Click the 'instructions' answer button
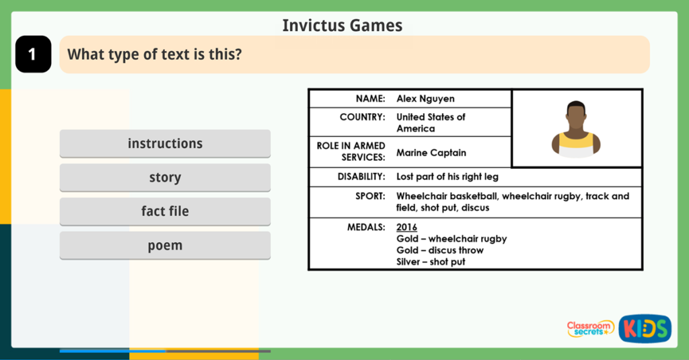click(165, 143)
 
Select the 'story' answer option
click(165, 178)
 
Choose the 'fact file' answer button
click(165, 211)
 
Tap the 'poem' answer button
click(165, 246)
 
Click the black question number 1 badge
click(33, 55)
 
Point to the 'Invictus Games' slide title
click(342, 26)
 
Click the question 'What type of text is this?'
click(154, 55)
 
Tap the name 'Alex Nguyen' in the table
click(425, 99)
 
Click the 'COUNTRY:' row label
click(362, 117)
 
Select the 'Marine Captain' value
click(431, 153)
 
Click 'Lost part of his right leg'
click(447, 177)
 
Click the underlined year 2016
click(406, 227)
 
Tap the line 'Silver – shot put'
click(431, 262)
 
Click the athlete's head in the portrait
click(576, 116)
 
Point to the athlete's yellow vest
click(577, 143)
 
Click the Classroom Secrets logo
click(590, 328)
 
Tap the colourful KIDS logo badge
click(645, 328)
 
